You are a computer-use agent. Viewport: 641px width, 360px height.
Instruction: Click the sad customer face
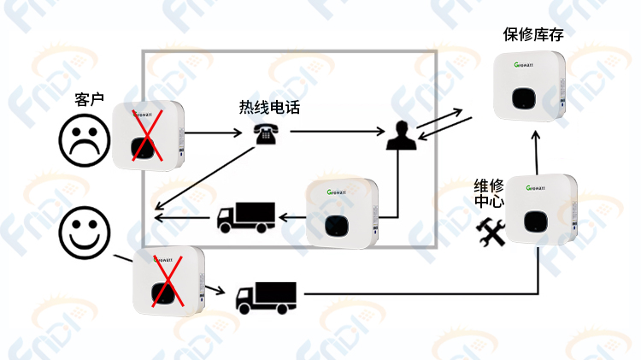pos(85,140)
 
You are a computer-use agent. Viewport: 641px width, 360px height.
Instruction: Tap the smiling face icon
pos(85,233)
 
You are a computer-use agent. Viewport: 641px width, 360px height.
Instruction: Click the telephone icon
pos(266,134)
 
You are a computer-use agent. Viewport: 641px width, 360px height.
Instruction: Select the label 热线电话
pos(269,107)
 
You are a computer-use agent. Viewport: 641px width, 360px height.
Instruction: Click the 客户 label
pos(89,99)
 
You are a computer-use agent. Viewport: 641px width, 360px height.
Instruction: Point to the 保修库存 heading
pos(533,34)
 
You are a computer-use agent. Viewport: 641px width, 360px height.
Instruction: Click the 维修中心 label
pos(489,193)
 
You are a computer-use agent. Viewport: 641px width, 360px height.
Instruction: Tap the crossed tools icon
pos(491,232)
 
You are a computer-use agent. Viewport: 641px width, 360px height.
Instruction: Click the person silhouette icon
pos(402,135)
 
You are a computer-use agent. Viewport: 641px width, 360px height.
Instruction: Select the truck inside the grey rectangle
pos(245,217)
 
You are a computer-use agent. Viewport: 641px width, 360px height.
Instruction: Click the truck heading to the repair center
pos(266,298)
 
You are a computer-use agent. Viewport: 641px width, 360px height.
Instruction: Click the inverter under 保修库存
pos(529,86)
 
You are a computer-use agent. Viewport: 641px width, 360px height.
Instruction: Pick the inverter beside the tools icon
pos(541,210)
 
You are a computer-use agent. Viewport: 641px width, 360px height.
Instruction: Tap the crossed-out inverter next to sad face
pos(148,135)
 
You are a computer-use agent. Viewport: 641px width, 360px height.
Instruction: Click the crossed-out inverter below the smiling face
pos(168,280)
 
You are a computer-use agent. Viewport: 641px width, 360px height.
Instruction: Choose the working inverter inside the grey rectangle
pos(342,214)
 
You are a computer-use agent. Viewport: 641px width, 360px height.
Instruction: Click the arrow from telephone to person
pos(338,132)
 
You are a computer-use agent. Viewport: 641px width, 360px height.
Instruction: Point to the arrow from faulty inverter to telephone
pos(213,133)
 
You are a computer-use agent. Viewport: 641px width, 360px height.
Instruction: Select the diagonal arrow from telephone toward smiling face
pos(204,179)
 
